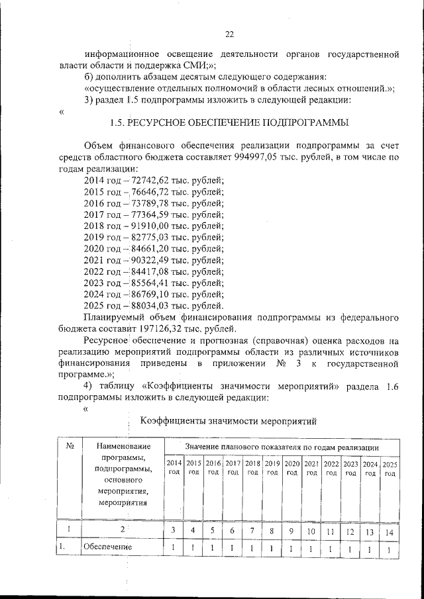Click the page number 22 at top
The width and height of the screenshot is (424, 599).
(230, 34)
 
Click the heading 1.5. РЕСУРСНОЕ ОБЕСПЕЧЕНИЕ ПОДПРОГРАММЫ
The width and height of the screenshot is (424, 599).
(229, 123)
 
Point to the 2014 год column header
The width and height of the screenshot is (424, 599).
(174, 467)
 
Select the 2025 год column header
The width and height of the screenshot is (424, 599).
(390, 468)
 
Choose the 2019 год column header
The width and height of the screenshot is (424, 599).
(272, 467)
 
